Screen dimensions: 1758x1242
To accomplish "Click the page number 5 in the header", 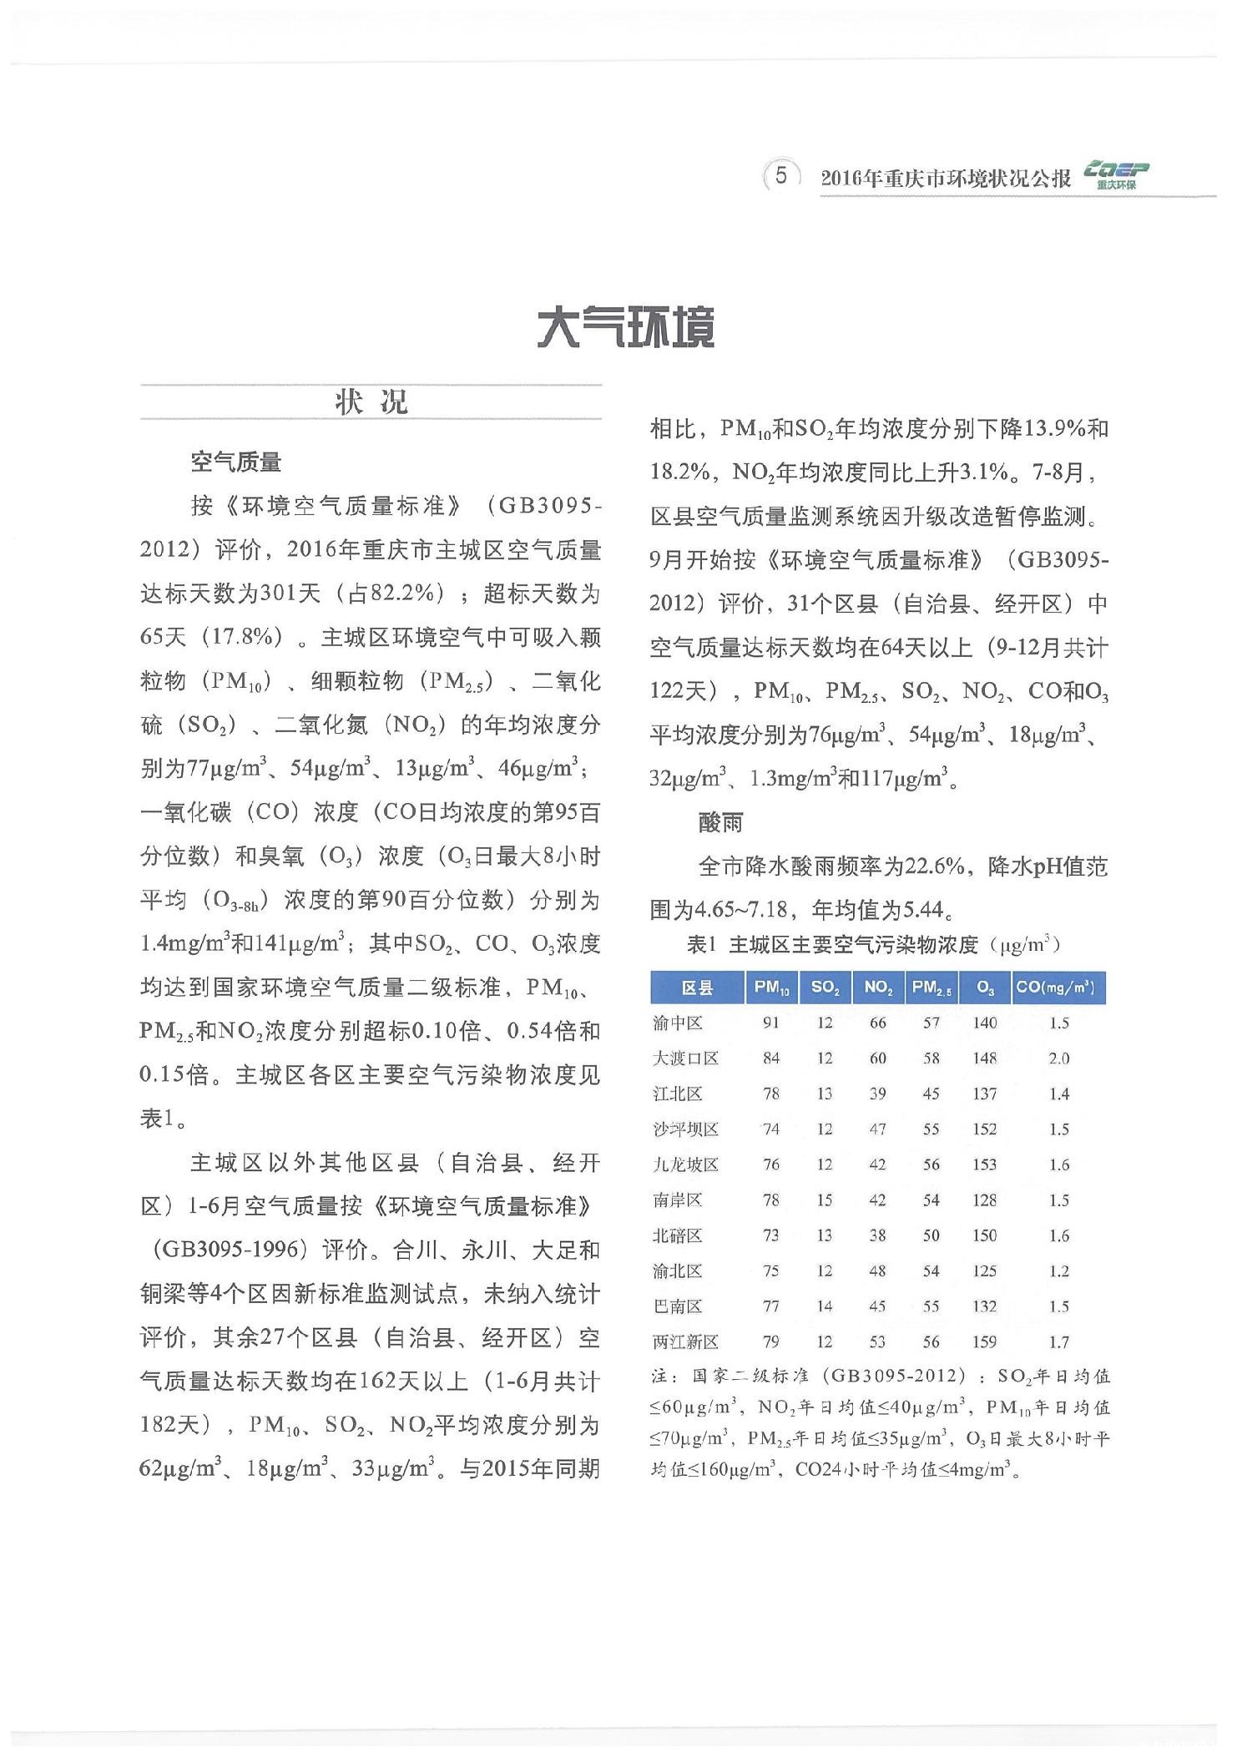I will click(x=781, y=175).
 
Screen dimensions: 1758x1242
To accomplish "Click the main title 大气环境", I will click(x=626, y=328).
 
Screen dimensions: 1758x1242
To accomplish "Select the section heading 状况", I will click(x=371, y=402).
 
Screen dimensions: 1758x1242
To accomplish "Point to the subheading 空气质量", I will click(x=236, y=462).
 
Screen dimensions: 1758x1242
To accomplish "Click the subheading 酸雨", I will click(x=721, y=823).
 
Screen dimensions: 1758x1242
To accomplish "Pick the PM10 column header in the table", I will click(x=771, y=988).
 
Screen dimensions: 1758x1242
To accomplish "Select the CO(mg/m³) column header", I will click(x=1058, y=988).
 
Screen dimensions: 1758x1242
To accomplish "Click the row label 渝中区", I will click(x=678, y=1023).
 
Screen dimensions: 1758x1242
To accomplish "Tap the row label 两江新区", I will click(x=685, y=1342).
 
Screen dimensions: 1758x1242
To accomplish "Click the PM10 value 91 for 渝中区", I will click(x=771, y=1023).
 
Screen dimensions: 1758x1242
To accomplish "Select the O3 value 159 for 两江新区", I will click(x=985, y=1342).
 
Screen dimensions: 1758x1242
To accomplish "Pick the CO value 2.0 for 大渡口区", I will click(x=1058, y=1058).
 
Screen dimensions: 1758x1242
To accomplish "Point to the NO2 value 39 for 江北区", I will click(x=878, y=1094).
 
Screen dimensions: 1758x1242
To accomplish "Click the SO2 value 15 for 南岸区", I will click(x=825, y=1200).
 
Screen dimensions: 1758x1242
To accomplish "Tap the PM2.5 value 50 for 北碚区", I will click(x=931, y=1236).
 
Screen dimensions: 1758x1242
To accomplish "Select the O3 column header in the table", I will click(x=985, y=988).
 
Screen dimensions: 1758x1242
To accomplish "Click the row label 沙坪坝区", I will click(x=685, y=1129).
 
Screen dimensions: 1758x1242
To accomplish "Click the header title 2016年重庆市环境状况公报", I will click(x=946, y=179).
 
